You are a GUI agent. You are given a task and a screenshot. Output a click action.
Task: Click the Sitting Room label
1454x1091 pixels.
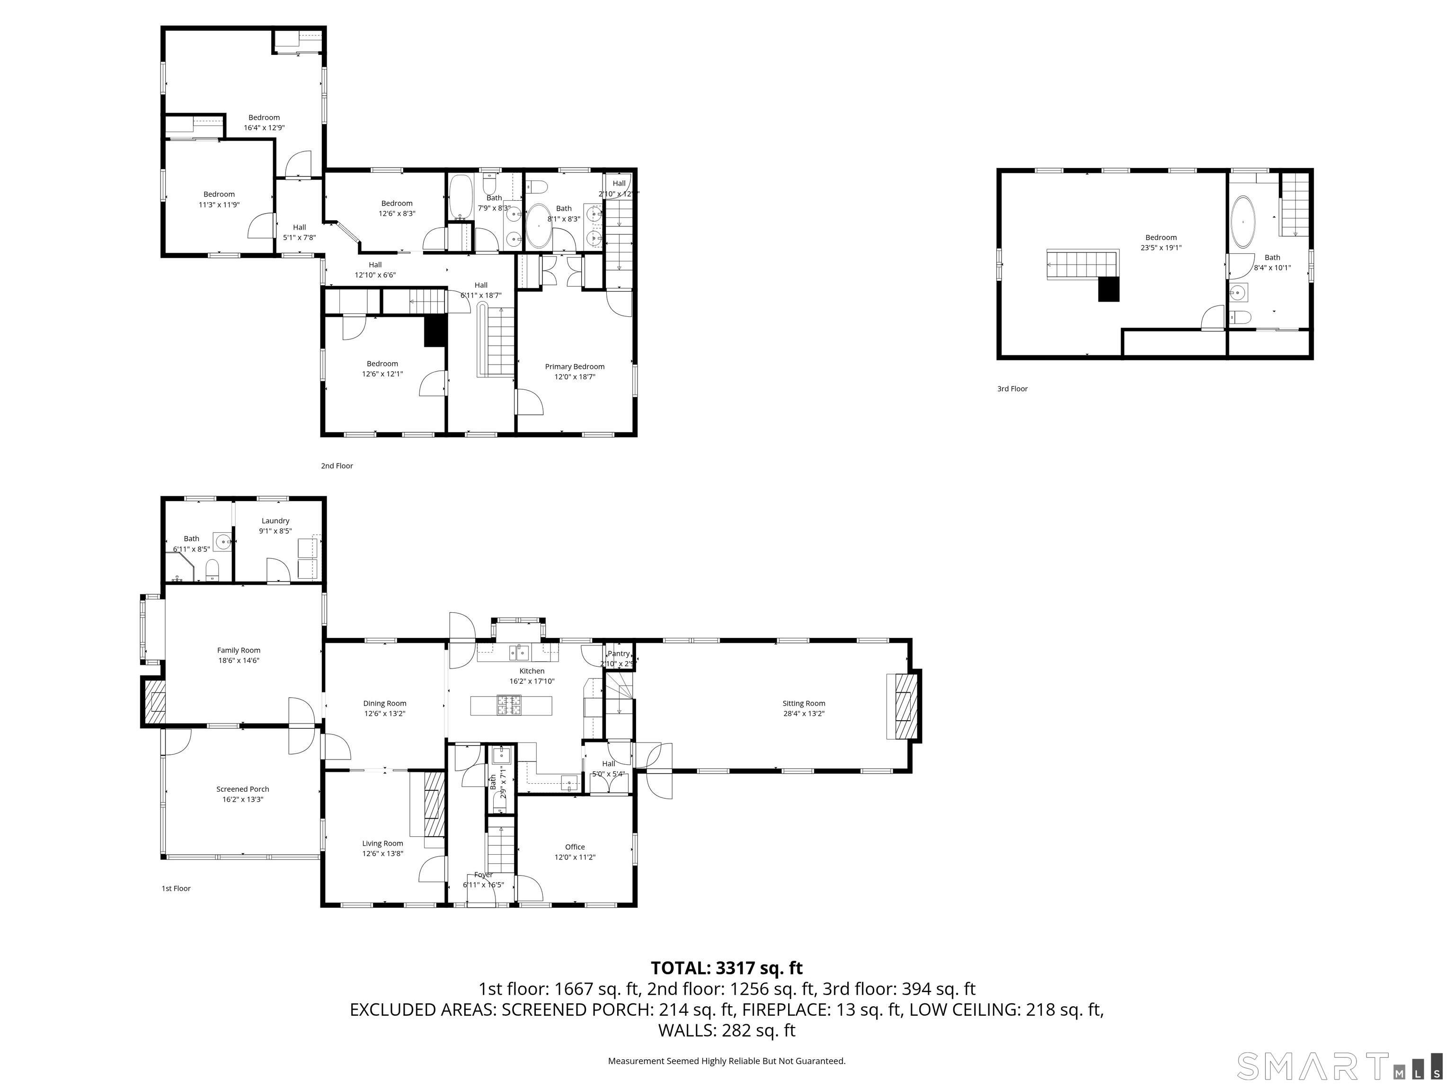803,703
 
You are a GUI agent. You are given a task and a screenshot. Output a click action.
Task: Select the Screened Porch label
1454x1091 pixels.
242,789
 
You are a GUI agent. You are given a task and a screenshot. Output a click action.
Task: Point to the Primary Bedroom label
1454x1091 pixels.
575,367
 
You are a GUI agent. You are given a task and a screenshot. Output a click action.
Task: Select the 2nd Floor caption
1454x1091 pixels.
337,465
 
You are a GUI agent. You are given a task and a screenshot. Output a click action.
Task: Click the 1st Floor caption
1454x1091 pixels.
176,888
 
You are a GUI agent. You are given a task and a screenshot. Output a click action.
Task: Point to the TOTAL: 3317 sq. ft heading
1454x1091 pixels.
727,968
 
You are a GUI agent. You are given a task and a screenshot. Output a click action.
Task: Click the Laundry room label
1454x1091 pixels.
275,521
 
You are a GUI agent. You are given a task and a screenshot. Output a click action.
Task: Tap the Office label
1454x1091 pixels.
575,847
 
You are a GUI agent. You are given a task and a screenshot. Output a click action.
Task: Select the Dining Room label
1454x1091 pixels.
384,703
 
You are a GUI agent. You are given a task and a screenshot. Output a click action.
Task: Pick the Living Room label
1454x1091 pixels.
382,843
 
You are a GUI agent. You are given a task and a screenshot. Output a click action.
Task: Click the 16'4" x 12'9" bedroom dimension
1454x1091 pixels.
264,127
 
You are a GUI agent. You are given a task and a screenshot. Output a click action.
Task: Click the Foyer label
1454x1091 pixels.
483,875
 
